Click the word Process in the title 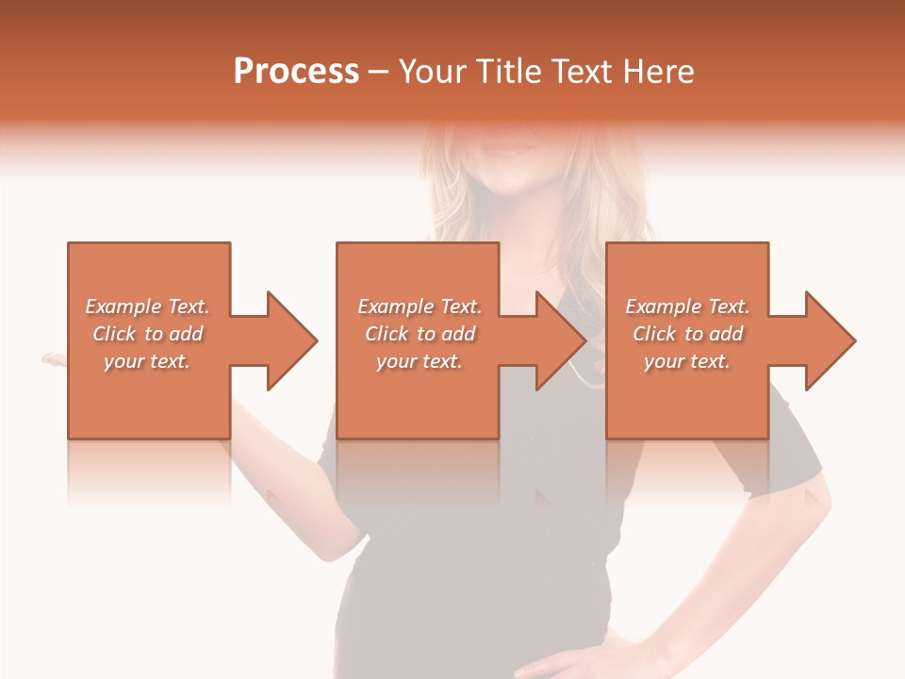296,72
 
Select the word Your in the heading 435,72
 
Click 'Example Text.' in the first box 147,306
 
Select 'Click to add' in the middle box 420,334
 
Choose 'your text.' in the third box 687,361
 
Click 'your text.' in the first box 147,361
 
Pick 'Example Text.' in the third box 687,306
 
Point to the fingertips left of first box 53,358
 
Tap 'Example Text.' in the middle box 420,306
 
